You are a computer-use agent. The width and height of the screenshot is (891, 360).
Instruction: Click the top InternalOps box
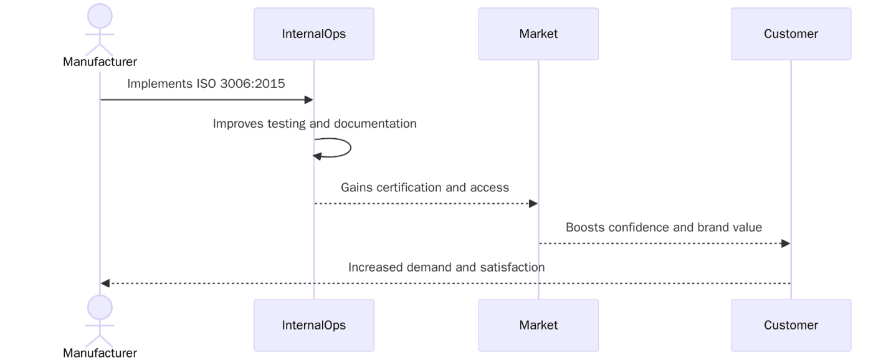point(313,34)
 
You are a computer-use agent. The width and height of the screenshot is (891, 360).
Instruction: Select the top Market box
point(538,34)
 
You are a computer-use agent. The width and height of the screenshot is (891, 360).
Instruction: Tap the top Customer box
point(791,34)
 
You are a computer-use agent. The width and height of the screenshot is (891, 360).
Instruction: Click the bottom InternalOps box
point(313,325)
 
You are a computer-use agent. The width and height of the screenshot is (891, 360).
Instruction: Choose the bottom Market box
point(538,325)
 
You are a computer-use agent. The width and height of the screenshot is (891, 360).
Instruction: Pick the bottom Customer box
point(791,325)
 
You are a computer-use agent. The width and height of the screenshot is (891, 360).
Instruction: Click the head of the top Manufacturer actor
point(100,16)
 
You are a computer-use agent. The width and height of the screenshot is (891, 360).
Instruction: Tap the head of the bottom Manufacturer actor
point(100,308)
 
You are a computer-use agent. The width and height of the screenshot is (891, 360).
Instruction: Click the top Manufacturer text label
point(100,62)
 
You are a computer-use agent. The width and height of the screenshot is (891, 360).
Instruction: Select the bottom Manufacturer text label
point(100,353)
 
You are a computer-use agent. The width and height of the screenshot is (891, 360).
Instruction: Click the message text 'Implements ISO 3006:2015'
point(206,83)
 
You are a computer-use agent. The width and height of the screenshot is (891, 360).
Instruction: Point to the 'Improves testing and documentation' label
point(315,123)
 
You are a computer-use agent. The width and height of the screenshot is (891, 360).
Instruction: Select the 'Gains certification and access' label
point(425,187)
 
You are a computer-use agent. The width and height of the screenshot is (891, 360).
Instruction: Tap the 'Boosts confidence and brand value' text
point(664,227)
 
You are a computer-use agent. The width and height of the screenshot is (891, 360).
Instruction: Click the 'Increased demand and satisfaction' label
point(446,267)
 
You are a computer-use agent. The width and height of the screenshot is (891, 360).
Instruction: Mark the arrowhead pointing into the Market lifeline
point(533,204)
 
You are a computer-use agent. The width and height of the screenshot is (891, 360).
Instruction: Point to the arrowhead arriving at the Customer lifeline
point(785,244)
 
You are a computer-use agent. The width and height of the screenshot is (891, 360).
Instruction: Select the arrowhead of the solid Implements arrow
point(308,100)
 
